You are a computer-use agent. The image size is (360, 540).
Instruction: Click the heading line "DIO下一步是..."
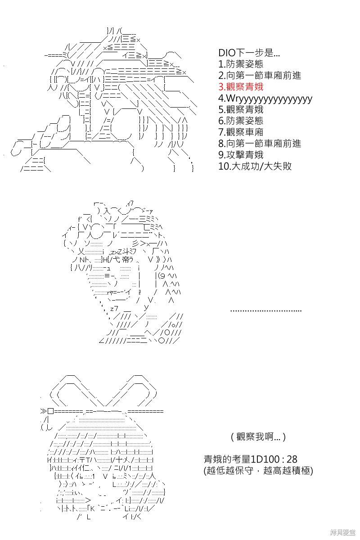tap(249, 53)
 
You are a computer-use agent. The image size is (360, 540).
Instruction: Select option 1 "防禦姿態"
tap(241, 64)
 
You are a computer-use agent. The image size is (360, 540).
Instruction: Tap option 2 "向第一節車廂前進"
tap(260, 76)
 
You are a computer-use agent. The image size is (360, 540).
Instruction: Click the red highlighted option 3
tap(241, 87)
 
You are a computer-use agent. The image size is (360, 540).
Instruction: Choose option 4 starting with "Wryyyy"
tap(265, 99)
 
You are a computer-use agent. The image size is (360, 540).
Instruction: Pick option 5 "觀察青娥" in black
tap(241, 109)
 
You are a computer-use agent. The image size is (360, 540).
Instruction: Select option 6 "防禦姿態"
tap(241, 121)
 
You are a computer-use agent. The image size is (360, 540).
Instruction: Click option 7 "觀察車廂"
tap(241, 132)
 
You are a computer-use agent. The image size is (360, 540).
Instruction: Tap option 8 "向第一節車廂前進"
tap(260, 144)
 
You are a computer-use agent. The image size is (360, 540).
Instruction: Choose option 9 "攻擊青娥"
tap(241, 155)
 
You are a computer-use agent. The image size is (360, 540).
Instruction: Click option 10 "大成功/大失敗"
tap(255, 166)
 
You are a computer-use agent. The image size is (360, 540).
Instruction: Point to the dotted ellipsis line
tap(265, 311)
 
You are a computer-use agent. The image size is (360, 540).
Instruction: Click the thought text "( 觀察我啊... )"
tap(258, 436)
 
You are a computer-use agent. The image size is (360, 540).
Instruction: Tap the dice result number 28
tap(292, 459)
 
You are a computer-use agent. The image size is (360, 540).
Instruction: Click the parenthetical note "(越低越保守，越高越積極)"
tap(258, 470)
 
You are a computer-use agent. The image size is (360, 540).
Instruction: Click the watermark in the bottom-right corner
tap(342, 532)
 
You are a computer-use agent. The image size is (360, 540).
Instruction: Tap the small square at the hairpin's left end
tap(51, 411)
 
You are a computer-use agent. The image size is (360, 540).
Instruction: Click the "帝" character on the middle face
tap(126, 260)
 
